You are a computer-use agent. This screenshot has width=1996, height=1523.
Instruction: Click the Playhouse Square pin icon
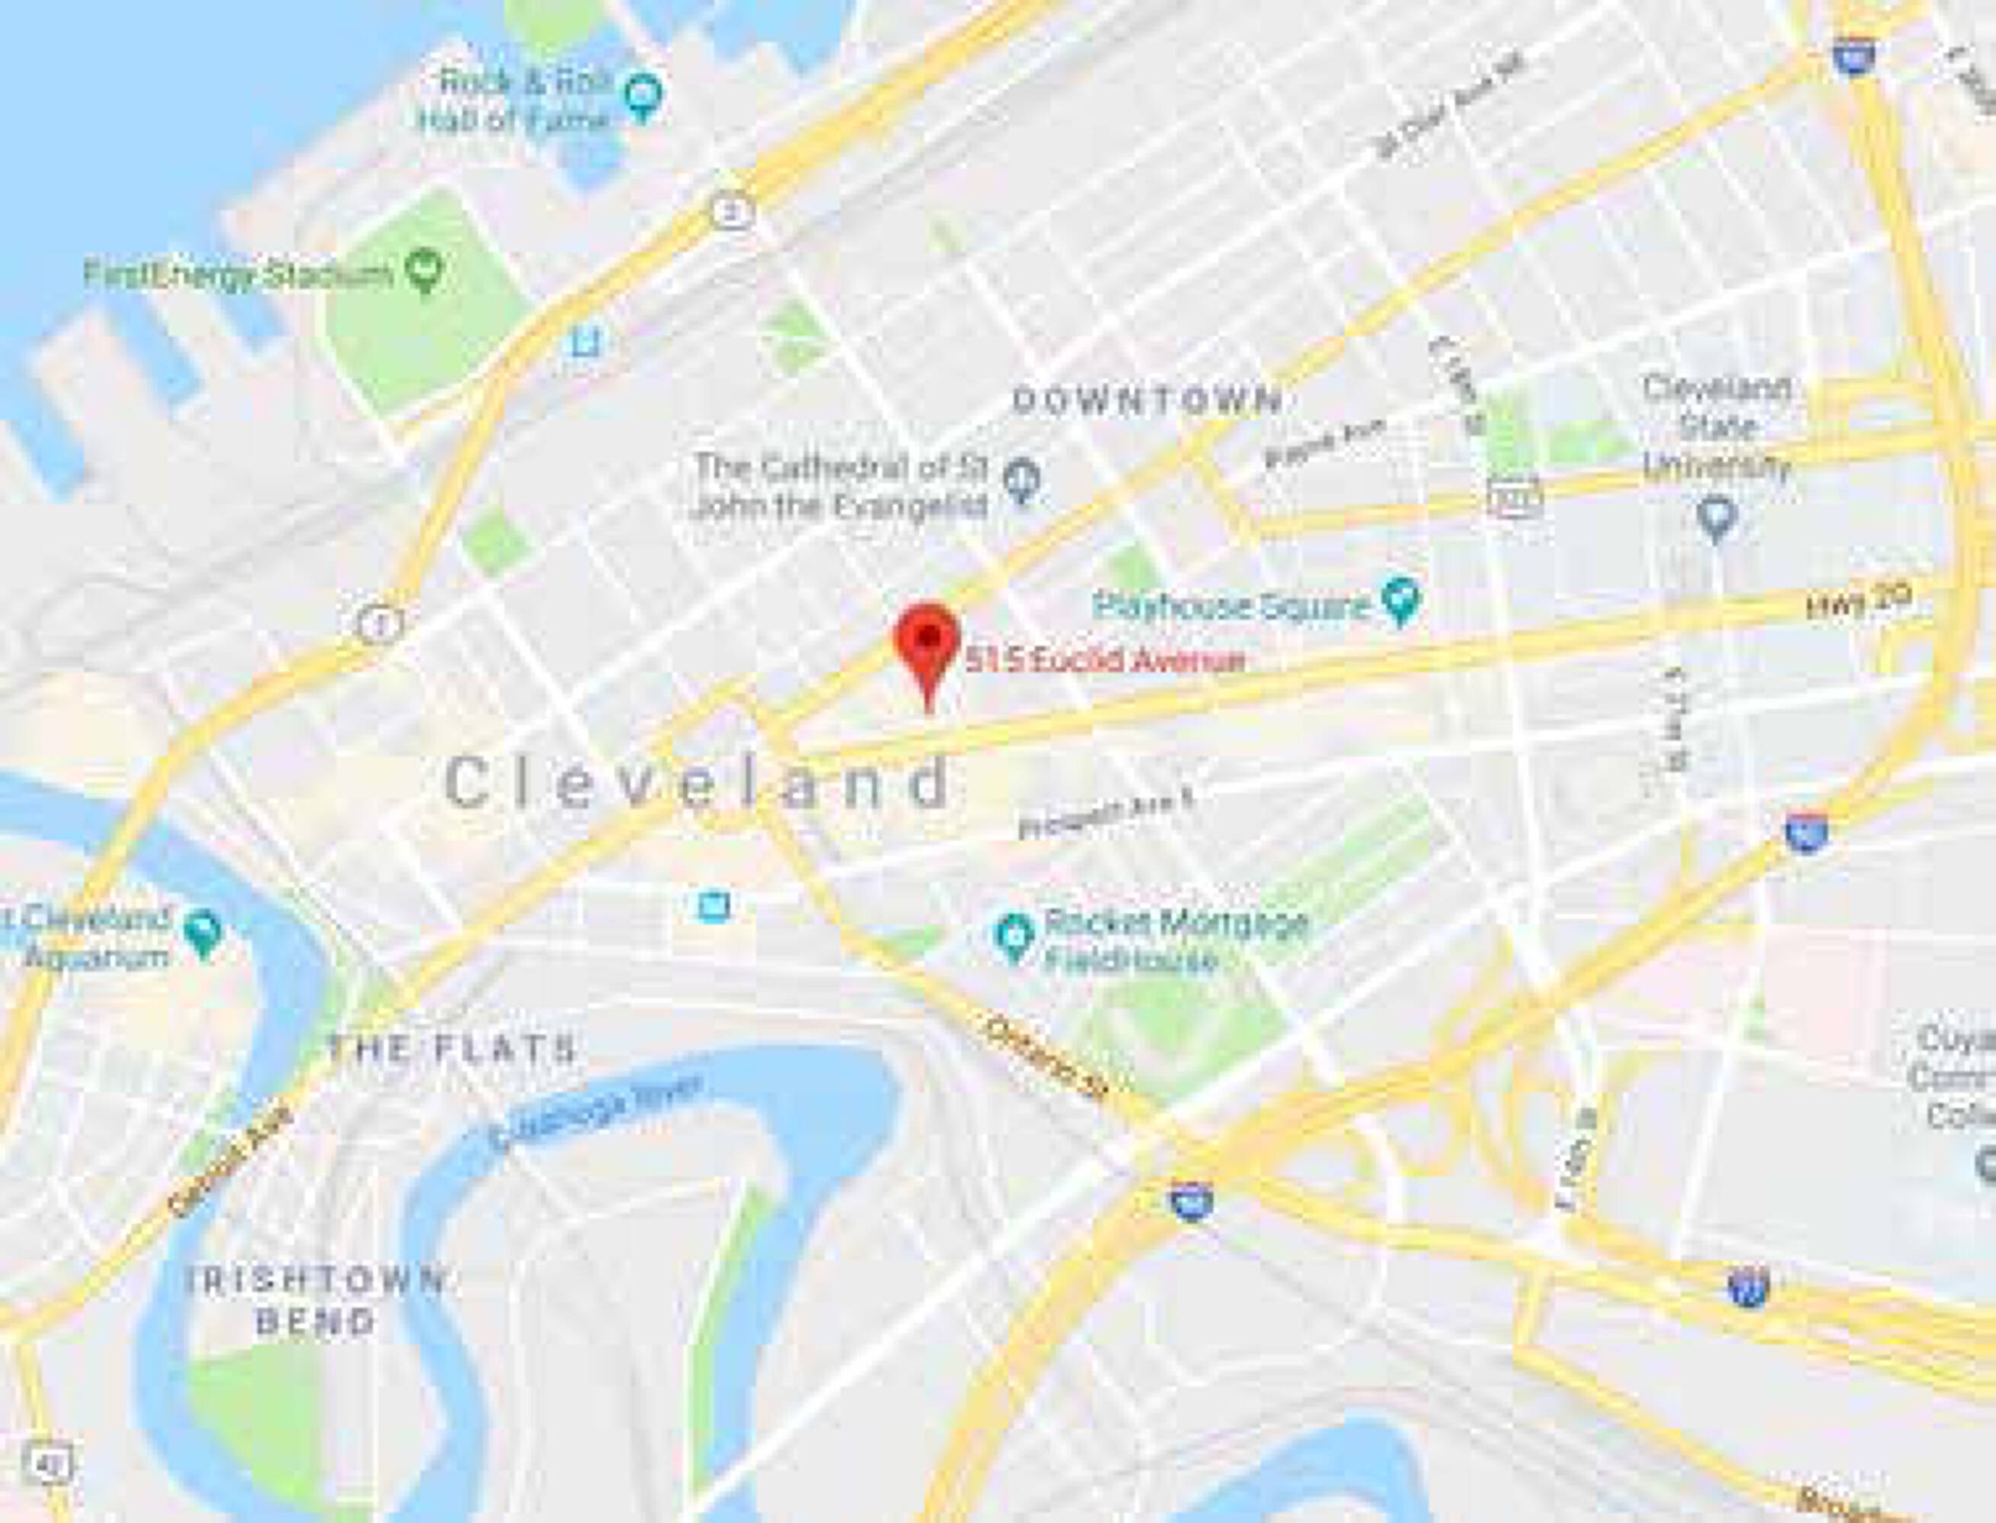click(x=1400, y=600)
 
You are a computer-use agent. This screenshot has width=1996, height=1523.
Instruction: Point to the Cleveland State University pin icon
click(x=1715, y=519)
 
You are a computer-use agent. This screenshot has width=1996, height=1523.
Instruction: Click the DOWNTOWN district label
click(x=1147, y=400)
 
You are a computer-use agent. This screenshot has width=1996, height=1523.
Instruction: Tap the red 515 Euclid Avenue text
click(x=1104, y=660)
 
